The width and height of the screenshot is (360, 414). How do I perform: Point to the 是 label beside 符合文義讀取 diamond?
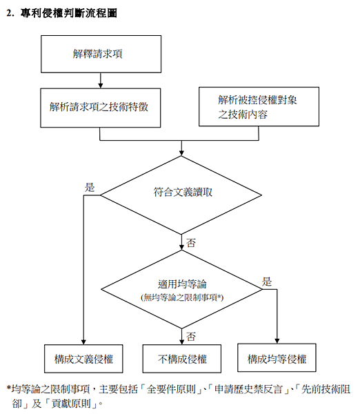[x=90, y=187]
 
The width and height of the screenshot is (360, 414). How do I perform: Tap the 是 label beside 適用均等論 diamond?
[x=267, y=282]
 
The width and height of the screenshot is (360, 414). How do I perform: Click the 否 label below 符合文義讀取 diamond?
[x=191, y=243]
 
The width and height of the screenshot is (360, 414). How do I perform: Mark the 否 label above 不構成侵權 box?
[x=191, y=337]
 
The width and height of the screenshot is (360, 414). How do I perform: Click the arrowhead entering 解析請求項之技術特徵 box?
[x=101, y=86]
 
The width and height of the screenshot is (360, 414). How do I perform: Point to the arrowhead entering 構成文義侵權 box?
[x=83, y=342]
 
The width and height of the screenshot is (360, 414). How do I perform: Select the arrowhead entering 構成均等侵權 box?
[x=277, y=341]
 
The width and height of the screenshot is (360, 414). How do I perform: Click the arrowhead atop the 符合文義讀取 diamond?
[x=181, y=153]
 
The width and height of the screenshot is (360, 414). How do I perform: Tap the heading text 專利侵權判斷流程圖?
[x=69, y=13]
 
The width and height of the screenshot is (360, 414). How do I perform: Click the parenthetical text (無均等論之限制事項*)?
[x=182, y=297]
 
